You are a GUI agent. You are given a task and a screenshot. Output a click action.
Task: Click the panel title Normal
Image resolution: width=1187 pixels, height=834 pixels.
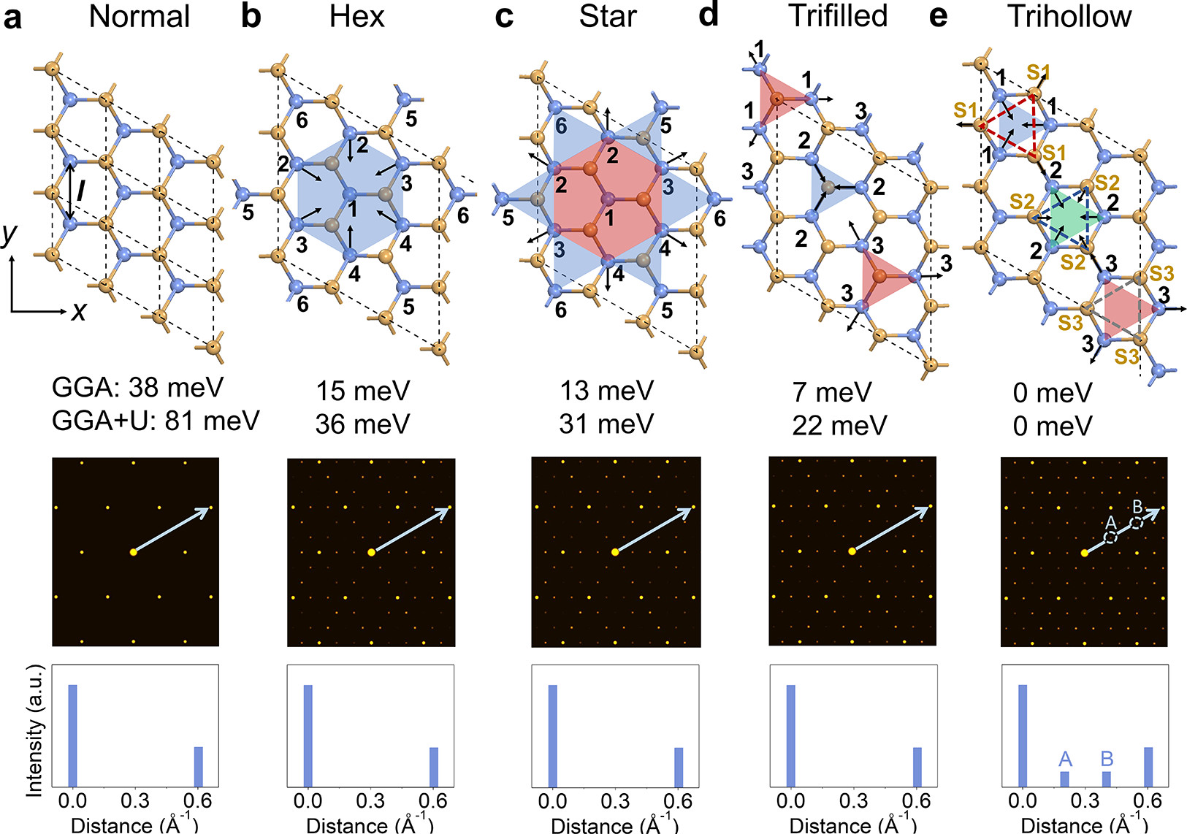coord(139,16)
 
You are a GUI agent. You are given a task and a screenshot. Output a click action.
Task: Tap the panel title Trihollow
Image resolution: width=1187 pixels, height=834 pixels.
coord(1069,16)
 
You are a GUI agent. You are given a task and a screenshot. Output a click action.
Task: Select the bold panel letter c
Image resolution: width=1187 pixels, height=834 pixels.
coord(503,16)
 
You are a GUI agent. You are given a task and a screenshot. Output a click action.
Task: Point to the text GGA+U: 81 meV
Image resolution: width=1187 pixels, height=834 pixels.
coord(156,421)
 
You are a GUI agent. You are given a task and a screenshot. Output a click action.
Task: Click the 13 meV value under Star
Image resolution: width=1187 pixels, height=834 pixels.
coord(606,391)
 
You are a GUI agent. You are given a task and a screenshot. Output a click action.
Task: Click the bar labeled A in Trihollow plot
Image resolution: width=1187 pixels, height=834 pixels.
coord(1064,778)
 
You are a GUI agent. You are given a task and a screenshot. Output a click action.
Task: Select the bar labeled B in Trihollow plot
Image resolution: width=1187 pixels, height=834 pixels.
coord(1106,778)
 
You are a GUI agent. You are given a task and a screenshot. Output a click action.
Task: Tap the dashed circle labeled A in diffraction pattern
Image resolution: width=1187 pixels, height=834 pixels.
coord(1110,537)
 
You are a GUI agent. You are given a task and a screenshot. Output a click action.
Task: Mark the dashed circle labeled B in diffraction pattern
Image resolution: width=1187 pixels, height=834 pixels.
coord(1136,522)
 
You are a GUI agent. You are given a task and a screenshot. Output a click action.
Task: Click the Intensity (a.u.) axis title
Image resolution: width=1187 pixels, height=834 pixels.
coord(34,730)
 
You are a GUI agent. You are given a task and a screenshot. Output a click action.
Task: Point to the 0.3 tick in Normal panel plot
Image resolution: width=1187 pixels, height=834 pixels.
coord(135,800)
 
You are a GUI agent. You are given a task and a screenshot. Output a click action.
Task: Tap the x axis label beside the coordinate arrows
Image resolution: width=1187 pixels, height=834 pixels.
coord(78,312)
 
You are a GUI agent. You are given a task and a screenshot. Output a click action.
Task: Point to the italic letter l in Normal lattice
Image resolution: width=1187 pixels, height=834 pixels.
coord(80,191)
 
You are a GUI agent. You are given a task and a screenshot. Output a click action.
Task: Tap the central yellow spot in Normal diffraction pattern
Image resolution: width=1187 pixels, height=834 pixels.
coord(133,552)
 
